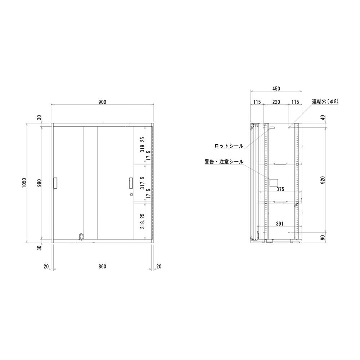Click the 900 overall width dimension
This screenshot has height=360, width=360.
tap(102, 102)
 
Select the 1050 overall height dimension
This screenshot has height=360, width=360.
tap(24, 183)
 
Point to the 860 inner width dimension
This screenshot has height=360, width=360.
tap(102, 266)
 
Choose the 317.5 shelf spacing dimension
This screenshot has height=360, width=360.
tap(142, 183)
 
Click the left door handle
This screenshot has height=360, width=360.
tap(55, 183)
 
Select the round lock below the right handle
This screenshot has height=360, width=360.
tap(130, 195)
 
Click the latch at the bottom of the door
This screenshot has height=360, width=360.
tap(82, 236)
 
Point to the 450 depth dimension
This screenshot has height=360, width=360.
tap(276, 89)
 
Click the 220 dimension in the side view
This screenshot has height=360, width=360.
tap(276, 102)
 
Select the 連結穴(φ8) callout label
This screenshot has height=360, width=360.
tap(325, 102)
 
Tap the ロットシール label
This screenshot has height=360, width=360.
tap(229, 146)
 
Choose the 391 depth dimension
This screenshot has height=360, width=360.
tap(280, 224)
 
